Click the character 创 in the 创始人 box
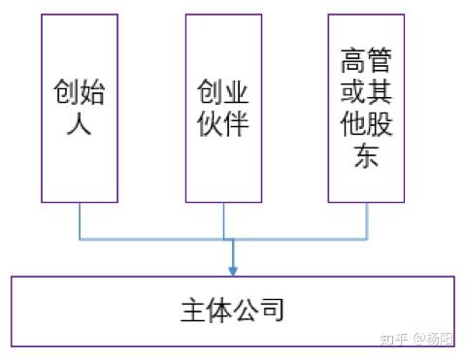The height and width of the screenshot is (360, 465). pyautogui.click(x=66, y=91)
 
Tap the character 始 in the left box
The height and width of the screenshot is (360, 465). pyautogui.click(x=92, y=91)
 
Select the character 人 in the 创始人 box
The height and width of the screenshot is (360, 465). pyautogui.click(x=79, y=123)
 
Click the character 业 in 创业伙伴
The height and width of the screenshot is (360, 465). pyautogui.click(x=236, y=91)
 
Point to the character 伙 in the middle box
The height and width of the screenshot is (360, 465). pyautogui.click(x=210, y=123)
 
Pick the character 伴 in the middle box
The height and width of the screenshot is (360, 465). pyautogui.click(x=236, y=123)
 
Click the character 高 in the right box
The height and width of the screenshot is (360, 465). pyautogui.click(x=353, y=60)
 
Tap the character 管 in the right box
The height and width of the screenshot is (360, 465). pyautogui.click(x=380, y=60)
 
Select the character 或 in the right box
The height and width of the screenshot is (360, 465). pyautogui.click(x=353, y=91)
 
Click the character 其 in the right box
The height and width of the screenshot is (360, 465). pyautogui.click(x=380, y=91)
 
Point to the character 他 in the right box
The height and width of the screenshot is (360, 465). pyautogui.click(x=353, y=123)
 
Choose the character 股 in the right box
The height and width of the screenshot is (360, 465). pyautogui.click(x=380, y=123)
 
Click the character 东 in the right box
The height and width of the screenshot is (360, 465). pyautogui.click(x=366, y=155)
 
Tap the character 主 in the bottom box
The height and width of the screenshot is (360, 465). pyautogui.click(x=193, y=310)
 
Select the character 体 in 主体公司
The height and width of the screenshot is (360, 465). pyautogui.click(x=219, y=310)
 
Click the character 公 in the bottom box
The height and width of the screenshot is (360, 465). pyautogui.click(x=246, y=310)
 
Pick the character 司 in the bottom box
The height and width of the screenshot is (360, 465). pyautogui.click(x=271, y=310)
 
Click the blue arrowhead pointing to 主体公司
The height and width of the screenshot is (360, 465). pyautogui.click(x=233, y=271)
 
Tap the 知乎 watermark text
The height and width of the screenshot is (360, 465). pyautogui.click(x=394, y=340)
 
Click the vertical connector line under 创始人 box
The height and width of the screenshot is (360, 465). pyautogui.click(x=80, y=221)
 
